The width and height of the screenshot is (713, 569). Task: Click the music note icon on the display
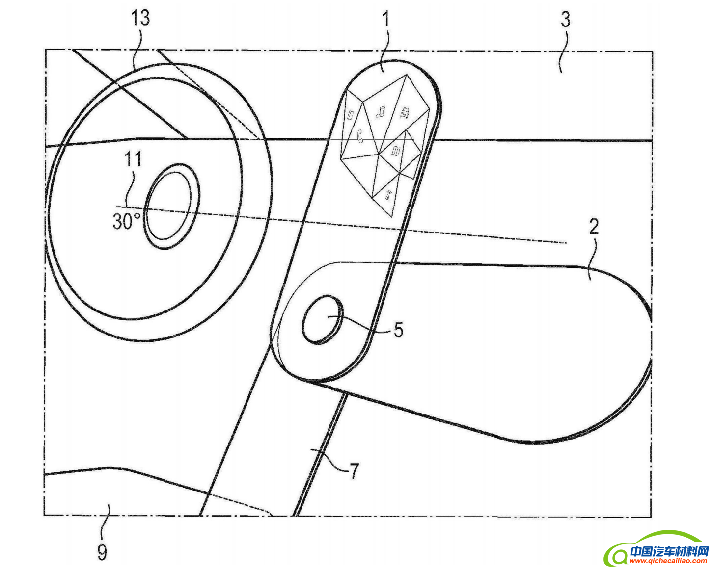tap(381, 112)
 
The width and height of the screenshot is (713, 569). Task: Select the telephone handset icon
tap(360, 135)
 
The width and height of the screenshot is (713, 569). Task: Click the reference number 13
tap(140, 18)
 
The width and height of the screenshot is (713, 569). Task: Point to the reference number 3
tap(565, 19)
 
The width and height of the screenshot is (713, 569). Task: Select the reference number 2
tap(594, 227)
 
